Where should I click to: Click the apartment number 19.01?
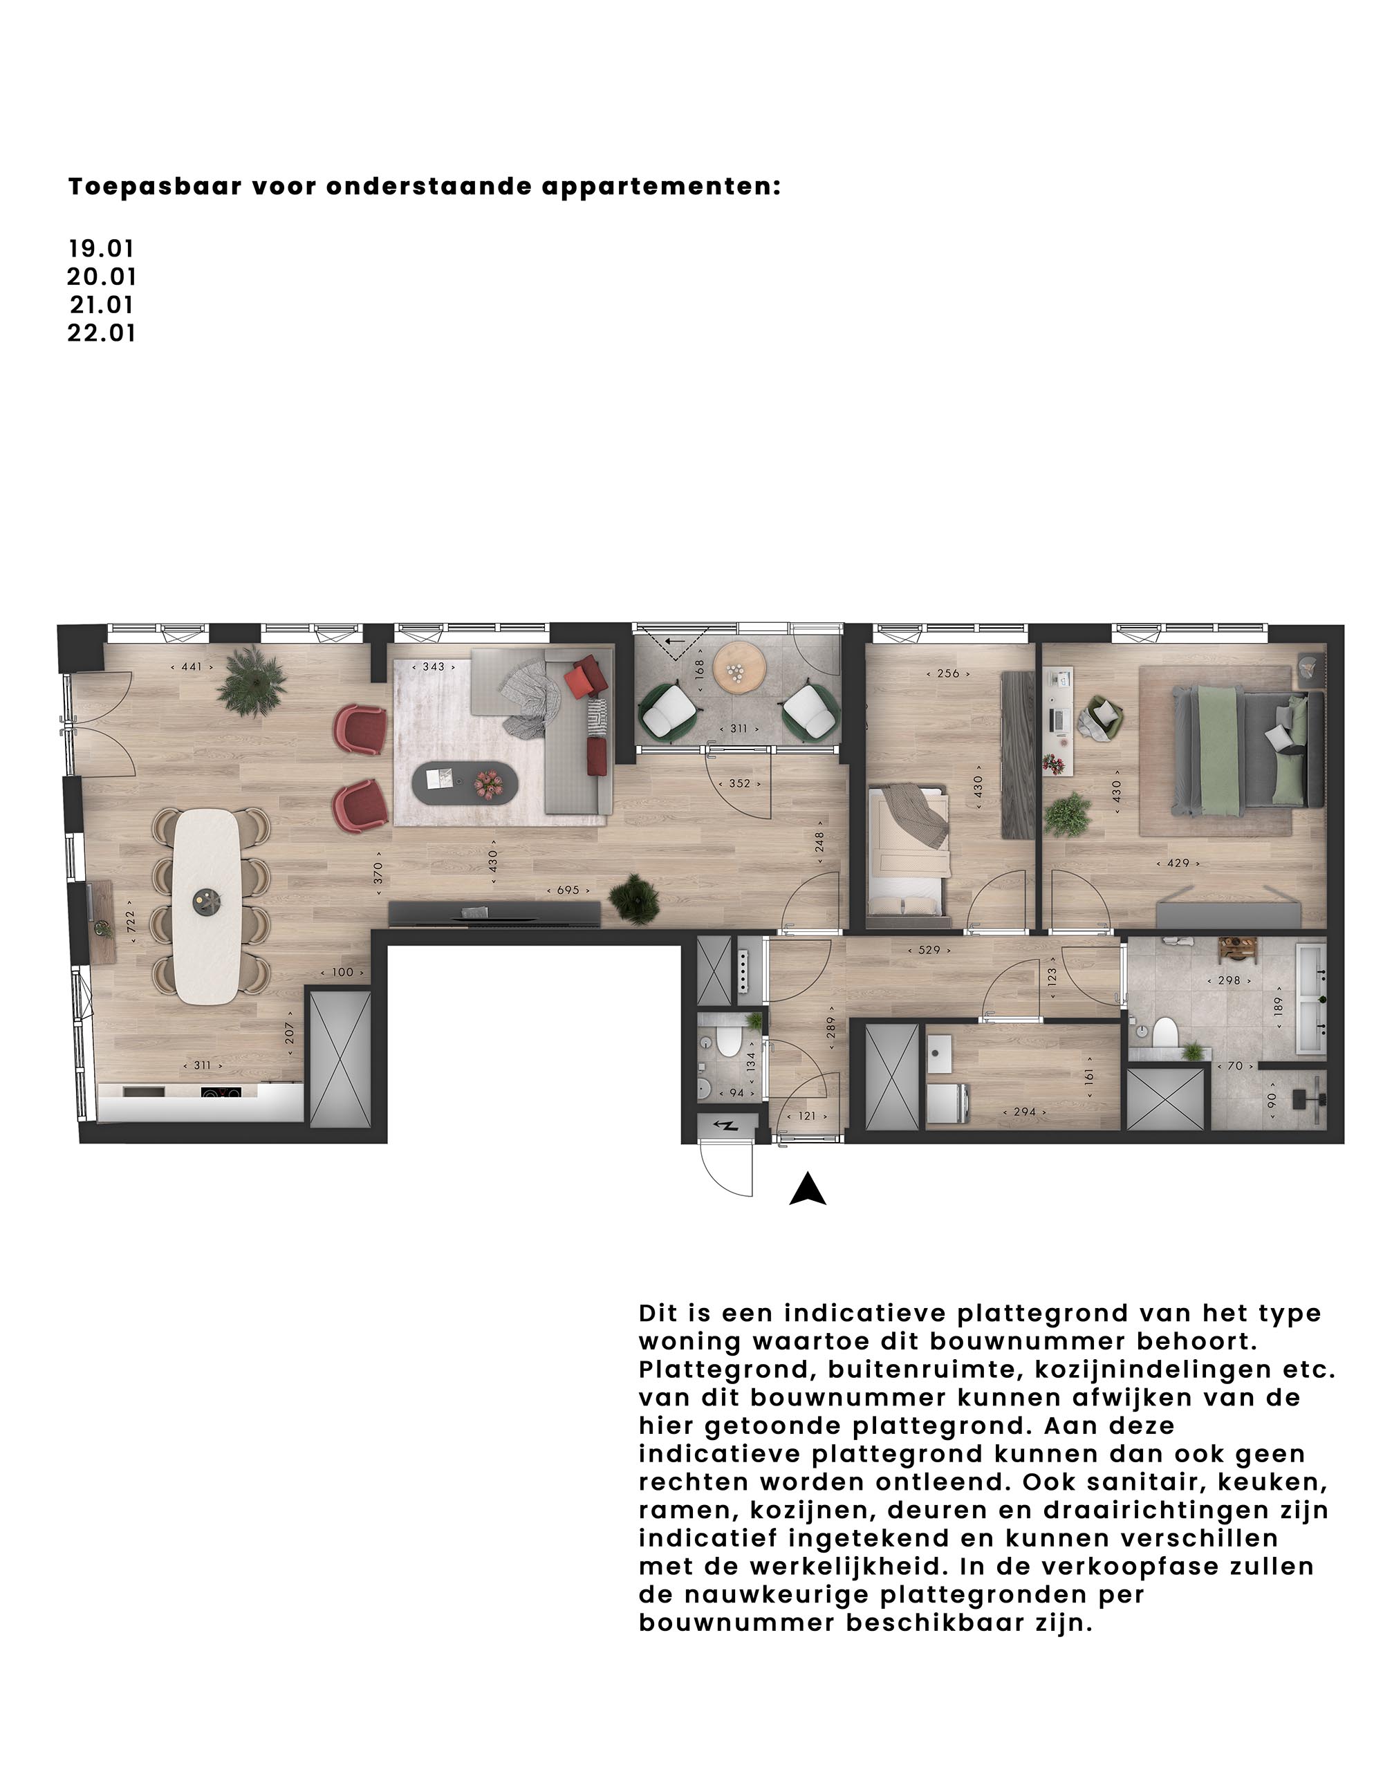101,249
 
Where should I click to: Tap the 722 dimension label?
131,922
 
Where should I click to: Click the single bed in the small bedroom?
908,855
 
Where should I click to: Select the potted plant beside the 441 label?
252,680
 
